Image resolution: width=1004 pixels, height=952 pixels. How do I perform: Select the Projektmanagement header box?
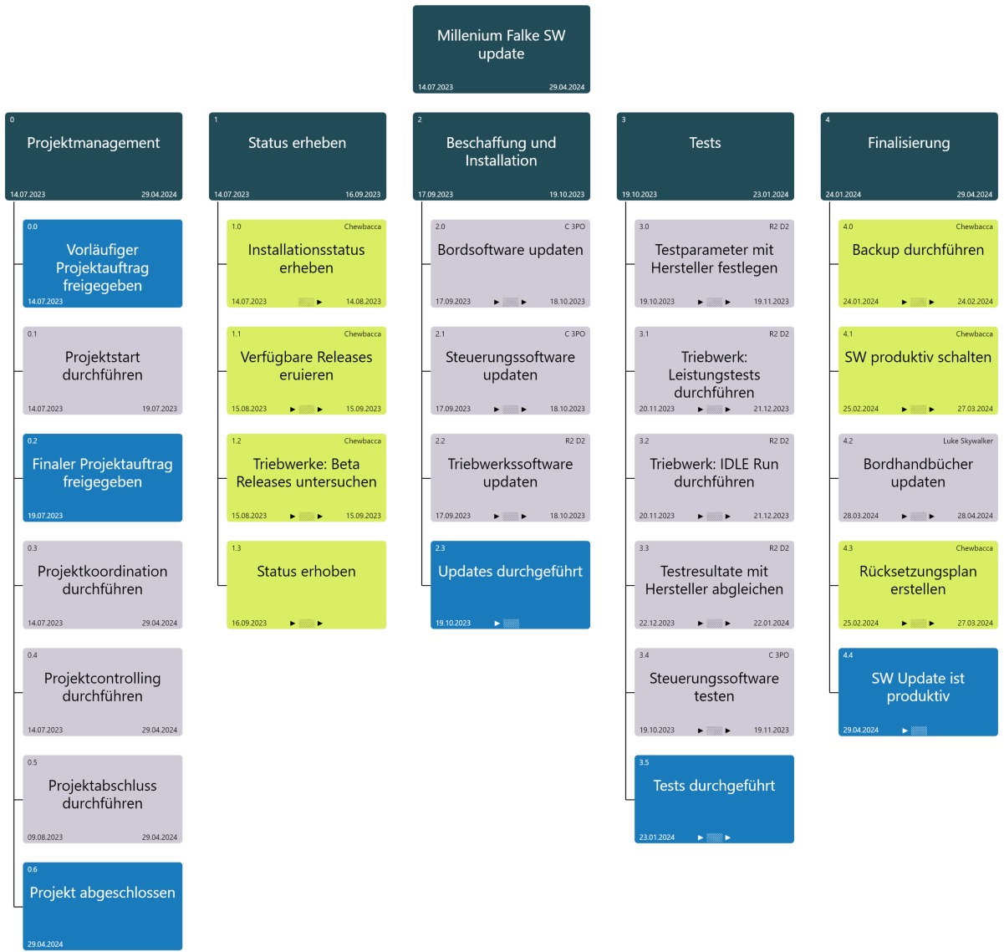point(94,155)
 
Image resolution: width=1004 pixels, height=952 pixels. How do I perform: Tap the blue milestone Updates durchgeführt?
point(510,583)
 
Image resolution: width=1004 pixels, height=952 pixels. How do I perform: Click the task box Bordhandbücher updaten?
point(918,476)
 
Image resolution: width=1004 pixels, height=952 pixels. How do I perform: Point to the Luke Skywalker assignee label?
point(968,441)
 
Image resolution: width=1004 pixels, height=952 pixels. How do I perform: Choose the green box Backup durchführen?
point(918,262)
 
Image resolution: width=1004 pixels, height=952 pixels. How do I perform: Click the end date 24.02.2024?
point(975,302)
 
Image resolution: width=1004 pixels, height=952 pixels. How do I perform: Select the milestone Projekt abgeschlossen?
point(102,904)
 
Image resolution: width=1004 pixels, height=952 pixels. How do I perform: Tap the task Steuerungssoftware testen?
point(714,690)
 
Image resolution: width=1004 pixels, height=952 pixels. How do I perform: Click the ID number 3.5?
point(644,762)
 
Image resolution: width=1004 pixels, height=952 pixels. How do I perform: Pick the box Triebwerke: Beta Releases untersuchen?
point(306,476)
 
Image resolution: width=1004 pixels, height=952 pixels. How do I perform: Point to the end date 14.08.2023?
point(363,302)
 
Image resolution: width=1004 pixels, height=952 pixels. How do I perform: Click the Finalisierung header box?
point(909,155)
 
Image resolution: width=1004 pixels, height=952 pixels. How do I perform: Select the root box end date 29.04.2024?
point(567,87)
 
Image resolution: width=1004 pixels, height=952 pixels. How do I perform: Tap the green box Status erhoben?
point(306,583)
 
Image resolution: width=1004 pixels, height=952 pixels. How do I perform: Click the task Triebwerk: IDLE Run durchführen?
point(714,476)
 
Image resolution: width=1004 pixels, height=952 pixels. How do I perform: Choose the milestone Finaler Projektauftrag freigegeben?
point(102,476)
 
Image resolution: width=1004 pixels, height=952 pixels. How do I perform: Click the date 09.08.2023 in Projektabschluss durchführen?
point(45,837)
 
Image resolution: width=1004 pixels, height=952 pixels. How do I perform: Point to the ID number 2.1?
point(440,333)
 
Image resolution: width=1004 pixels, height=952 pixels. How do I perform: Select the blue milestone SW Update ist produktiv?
point(918,690)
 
